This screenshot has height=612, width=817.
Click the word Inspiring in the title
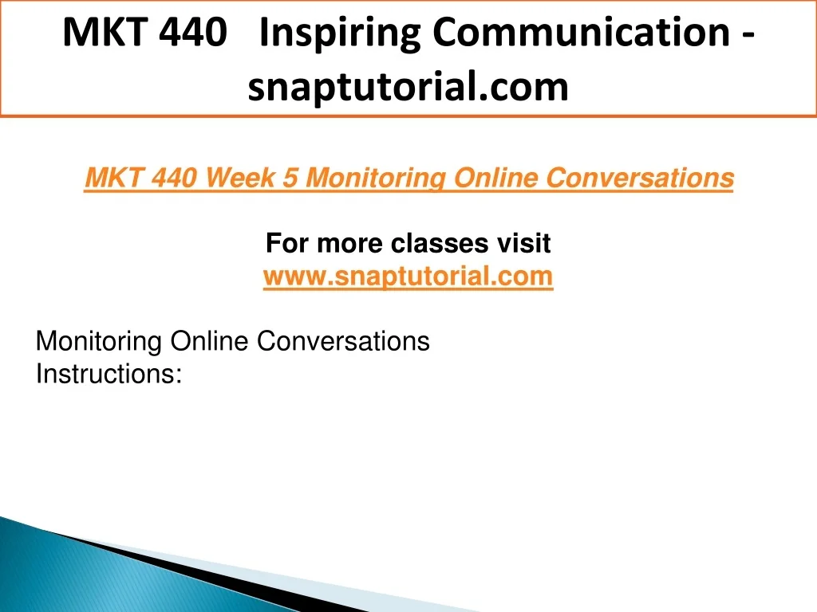(340, 33)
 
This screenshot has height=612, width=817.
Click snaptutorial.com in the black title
(408, 87)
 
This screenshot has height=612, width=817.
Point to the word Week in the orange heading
(240, 178)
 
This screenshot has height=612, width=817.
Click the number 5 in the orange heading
(290, 178)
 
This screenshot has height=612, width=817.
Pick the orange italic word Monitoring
(376, 178)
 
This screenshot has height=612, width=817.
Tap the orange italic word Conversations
(640, 178)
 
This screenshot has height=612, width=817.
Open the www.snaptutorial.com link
(408, 277)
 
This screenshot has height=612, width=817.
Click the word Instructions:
(109, 375)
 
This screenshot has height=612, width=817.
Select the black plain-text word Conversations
(343, 341)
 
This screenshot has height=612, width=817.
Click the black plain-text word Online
(209, 341)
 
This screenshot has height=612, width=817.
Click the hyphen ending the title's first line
(747, 35)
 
